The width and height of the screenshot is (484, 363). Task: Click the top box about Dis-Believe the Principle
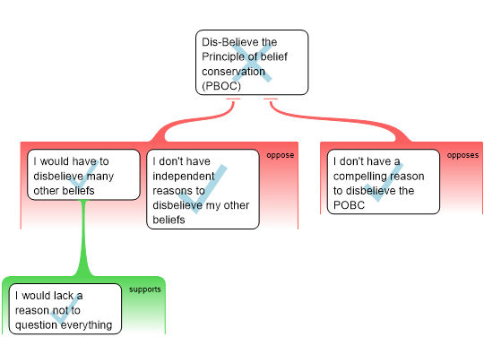[252, 62]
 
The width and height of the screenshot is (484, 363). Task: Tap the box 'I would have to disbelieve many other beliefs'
[83, 175]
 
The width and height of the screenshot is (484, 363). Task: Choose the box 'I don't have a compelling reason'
[383, 181]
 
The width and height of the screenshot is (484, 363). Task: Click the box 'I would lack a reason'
[65, 309]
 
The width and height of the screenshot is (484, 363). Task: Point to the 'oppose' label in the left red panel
[280, 155]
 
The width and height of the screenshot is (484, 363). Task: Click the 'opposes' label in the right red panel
[462, 155]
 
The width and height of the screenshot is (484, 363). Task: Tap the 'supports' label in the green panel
[145, 290]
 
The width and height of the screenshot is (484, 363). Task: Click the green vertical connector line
[84, 238]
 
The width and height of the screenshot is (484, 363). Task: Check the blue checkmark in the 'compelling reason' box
[384, 179]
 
